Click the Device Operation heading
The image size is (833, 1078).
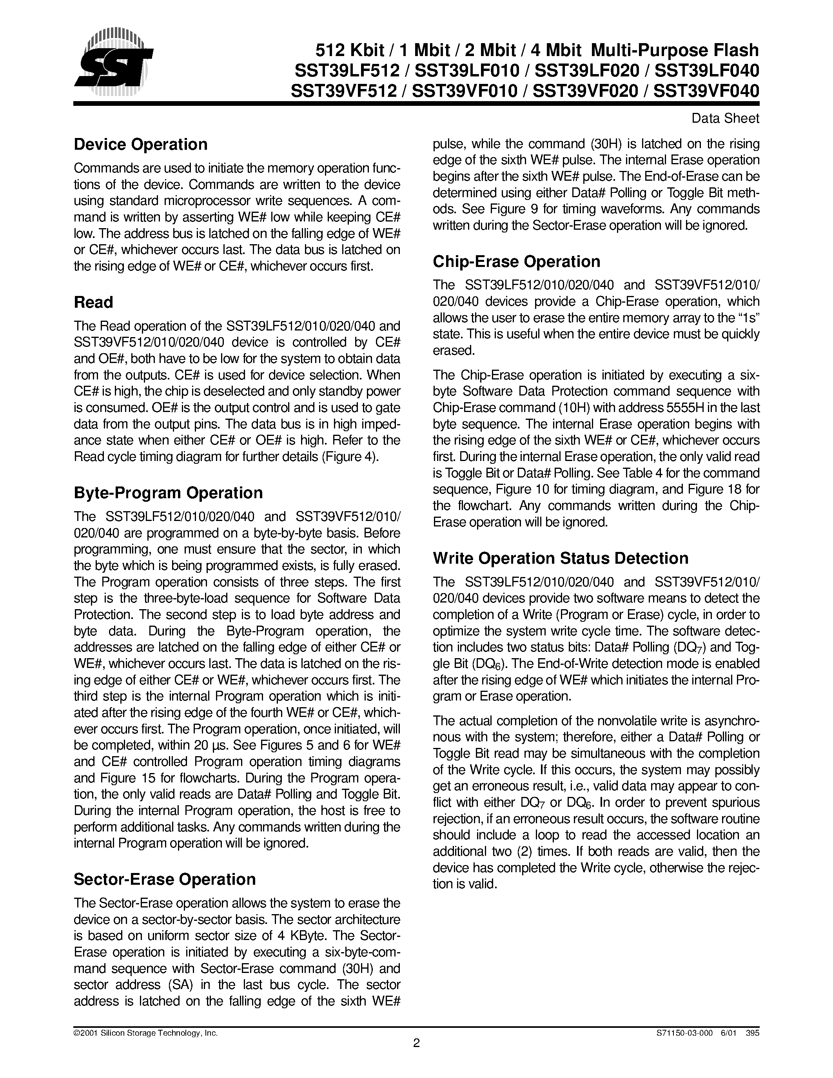[141, 145]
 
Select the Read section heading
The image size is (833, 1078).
[93, 302]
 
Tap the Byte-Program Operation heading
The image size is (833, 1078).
[168, 493]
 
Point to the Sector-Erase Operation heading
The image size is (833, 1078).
[164, 879]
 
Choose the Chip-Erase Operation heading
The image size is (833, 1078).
[516, 261]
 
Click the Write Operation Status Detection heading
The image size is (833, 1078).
[560, 558]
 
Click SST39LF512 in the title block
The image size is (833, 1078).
[347, 71]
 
